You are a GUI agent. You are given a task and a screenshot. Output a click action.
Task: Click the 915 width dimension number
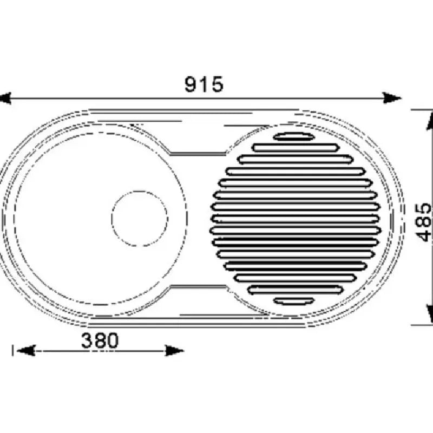click(x=204, y=84)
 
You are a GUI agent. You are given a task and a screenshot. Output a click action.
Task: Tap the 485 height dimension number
click(x=424, y=223)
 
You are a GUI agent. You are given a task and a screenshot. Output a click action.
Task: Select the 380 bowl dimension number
click(x=100, y=340)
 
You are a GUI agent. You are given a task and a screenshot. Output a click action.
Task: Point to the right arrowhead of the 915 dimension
click(x=391, y=98)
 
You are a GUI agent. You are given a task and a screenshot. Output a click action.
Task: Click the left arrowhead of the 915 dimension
click(x=5, y=99)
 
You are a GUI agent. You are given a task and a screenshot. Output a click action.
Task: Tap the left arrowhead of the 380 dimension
click(x=26, y=351)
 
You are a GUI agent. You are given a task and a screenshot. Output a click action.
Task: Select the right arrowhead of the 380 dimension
click(x=174, y=351)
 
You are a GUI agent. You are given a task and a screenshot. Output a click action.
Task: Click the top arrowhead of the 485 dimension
click(x=430, y=120)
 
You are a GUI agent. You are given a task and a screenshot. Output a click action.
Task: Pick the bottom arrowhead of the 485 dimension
click(x=430, y=314)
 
